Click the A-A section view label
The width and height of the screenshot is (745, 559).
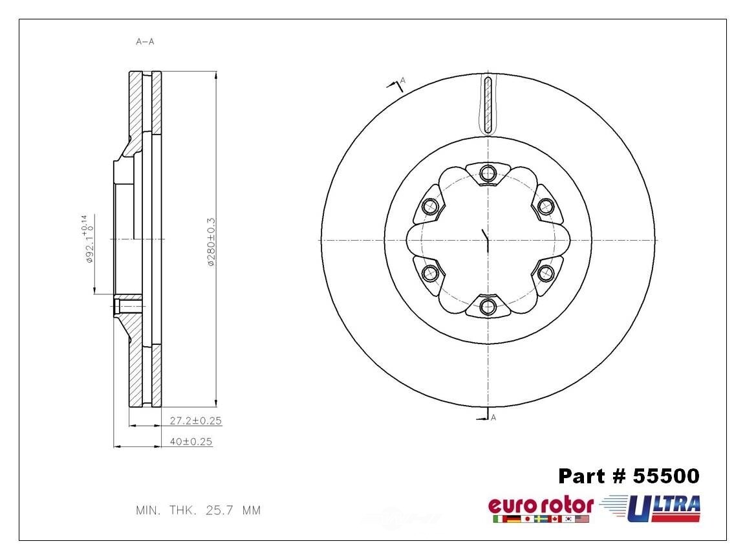click(145, 42)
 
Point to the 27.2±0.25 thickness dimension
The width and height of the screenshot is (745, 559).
click(195, 421)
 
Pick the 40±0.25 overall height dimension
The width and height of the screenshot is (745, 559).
click(191, 442)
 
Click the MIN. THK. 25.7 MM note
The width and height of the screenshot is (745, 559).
click(198, 510)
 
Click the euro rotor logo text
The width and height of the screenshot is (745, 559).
click(540, 505)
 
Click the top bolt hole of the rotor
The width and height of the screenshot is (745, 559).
click(489, 173)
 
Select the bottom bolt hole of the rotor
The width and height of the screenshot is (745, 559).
click(489, 307)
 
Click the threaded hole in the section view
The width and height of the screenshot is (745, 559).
click(127, 305)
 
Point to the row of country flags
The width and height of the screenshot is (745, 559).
click(541, 519)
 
